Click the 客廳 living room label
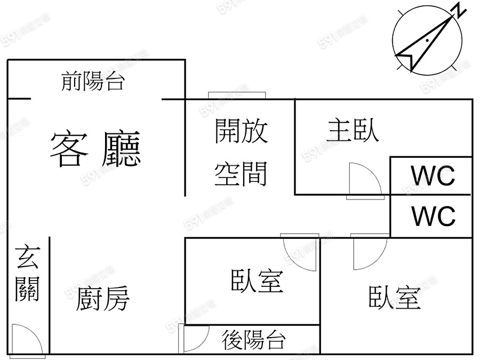tap(96, 149)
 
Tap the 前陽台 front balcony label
tap(93, 82)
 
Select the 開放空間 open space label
tap(241, 153)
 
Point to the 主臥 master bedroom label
tap(353, 131)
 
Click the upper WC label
tap(433, 175)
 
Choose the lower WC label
tap(433, 216)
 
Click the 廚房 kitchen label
tap(103, 299)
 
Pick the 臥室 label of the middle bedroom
tap(257, 281)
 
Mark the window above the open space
tap(237, 95)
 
